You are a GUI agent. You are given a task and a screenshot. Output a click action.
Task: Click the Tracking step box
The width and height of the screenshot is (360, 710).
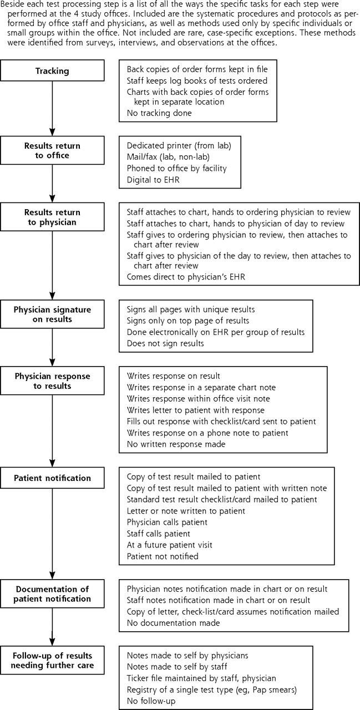click(52, 70)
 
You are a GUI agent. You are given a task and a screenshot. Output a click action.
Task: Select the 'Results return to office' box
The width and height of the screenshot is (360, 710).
click(52, 150)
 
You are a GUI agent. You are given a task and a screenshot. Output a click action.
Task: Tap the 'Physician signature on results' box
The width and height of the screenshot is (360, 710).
click(52, 314)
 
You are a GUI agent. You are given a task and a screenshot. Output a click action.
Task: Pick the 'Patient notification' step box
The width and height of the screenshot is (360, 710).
click(52, 478)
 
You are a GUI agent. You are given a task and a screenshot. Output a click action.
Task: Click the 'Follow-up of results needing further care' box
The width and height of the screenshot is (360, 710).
click(52, 660)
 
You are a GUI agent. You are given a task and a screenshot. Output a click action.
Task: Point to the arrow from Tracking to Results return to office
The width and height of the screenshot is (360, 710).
click(52, 108)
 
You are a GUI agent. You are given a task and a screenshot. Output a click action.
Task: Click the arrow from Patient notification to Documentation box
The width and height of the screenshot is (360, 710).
click(52, 534)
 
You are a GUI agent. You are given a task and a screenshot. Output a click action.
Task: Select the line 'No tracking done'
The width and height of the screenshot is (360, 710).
click(159, 113)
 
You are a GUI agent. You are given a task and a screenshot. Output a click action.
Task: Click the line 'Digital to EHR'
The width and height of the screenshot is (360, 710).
click(153, 180)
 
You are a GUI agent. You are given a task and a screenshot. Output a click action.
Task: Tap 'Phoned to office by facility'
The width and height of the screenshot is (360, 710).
click(177, 168)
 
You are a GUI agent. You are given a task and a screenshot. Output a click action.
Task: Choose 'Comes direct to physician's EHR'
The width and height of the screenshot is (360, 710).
click(186, 277)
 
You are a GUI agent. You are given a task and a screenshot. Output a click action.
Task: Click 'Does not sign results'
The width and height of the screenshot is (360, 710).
click(165, 343)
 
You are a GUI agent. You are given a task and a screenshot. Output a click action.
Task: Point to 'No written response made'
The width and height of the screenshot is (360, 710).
click(176, 444)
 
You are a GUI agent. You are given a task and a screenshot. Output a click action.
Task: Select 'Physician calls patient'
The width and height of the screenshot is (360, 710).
click(167, 522)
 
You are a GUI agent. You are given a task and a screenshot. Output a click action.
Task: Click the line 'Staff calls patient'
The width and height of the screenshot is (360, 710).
click(159, 534)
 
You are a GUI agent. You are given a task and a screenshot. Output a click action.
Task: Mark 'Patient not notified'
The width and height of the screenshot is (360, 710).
click(163, 556)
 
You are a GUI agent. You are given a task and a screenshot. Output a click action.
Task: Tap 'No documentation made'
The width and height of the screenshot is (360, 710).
click(174, 623)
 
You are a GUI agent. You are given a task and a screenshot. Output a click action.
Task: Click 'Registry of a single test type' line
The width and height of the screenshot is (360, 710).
click(212, 689)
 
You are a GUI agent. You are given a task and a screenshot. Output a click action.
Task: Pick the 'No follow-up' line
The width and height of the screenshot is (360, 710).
click(151, 701)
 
